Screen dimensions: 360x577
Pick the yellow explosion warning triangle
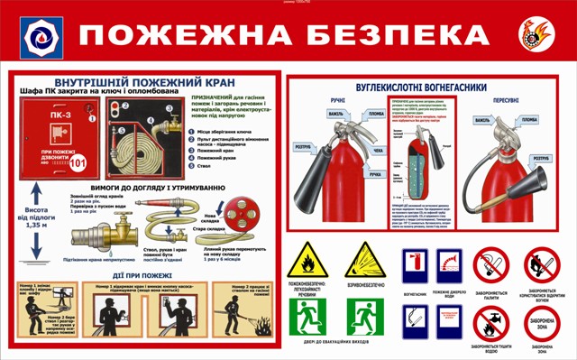coord(365,261)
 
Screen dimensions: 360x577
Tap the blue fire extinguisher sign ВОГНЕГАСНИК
coord(415,266)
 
